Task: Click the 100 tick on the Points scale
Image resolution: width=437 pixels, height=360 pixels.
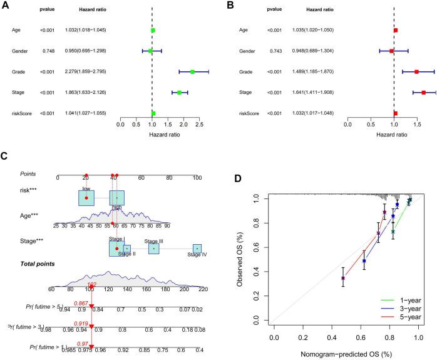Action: pos(197,177)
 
